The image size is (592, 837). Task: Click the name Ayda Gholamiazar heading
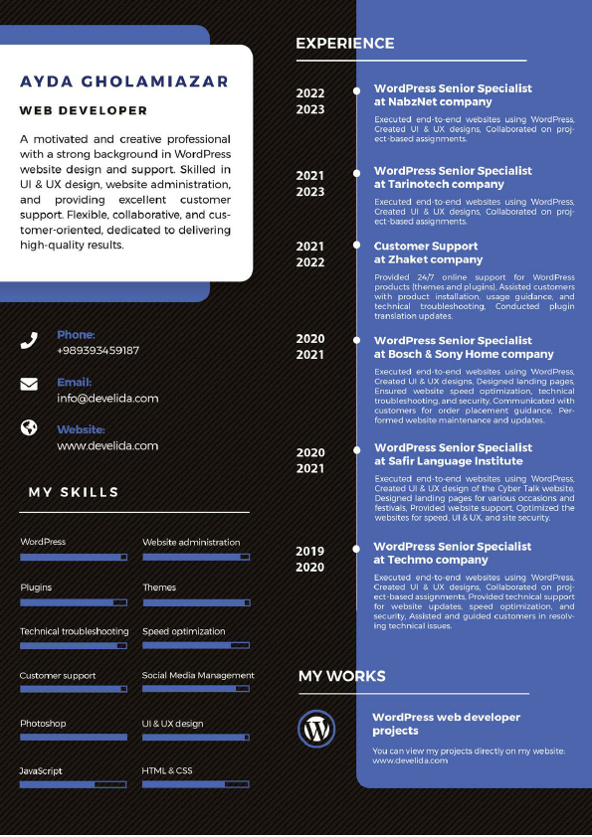pyautogui.click(x=123, y=82)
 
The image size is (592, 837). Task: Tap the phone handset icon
pyautogui.click(x=29, y=341)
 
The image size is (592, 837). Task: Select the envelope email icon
pyautogui.click(x=29, y=384)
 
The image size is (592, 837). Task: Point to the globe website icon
pyautogui.click(x=29, y=427)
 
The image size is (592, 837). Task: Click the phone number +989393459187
pyautogui.click(x=98, y=350)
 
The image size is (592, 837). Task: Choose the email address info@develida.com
pyautogui.click(x=107, y=398)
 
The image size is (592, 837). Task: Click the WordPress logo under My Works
pyautogui.click(x=317, y=729)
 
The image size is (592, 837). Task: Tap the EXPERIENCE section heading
pyautogui.click(x=345, y=44)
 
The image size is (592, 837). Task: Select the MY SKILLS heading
pyautogui.click(x=74, y=492)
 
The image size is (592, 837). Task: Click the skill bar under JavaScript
pyautogui.click(x=74, y=784)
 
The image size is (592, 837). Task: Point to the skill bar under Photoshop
pyautogui.click(x=74, y=737)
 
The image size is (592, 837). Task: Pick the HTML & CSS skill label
pyautogui.click(x=167, y=770)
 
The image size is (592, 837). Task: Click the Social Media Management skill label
pyautogui.click(x=198, y=675)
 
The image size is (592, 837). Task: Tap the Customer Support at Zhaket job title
pyautogui.click(x=427, y=252)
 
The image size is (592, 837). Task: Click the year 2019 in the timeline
pyautogui.click(x=309, y=551)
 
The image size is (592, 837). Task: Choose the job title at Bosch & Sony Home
pyautogui.click(x=464, y=347)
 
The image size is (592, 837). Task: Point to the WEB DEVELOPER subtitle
pyautogui.click(x=84, y=110)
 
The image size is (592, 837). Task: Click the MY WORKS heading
pyautogui.click(x=341, y=676)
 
